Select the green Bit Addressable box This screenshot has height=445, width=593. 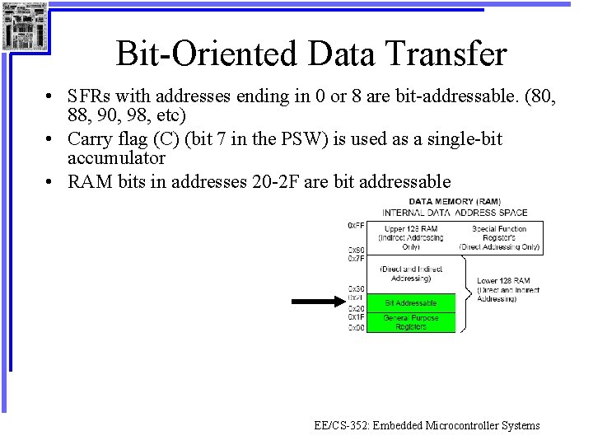(x=410, y=302)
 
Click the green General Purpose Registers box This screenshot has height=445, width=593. (x=410, y=321)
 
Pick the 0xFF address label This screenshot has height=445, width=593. (x=356, y=225)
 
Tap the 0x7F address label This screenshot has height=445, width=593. (x=356, y=259)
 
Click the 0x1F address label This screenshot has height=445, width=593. (x=356, y=317)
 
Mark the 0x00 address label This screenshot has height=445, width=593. (x=356, y=327)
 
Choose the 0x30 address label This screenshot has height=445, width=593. (x=356, y=288)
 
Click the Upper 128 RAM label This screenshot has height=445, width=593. (x=410, y=228)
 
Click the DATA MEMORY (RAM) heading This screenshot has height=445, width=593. (x=455, y=202)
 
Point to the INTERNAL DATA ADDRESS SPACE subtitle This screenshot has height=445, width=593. (x=455, y=213)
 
